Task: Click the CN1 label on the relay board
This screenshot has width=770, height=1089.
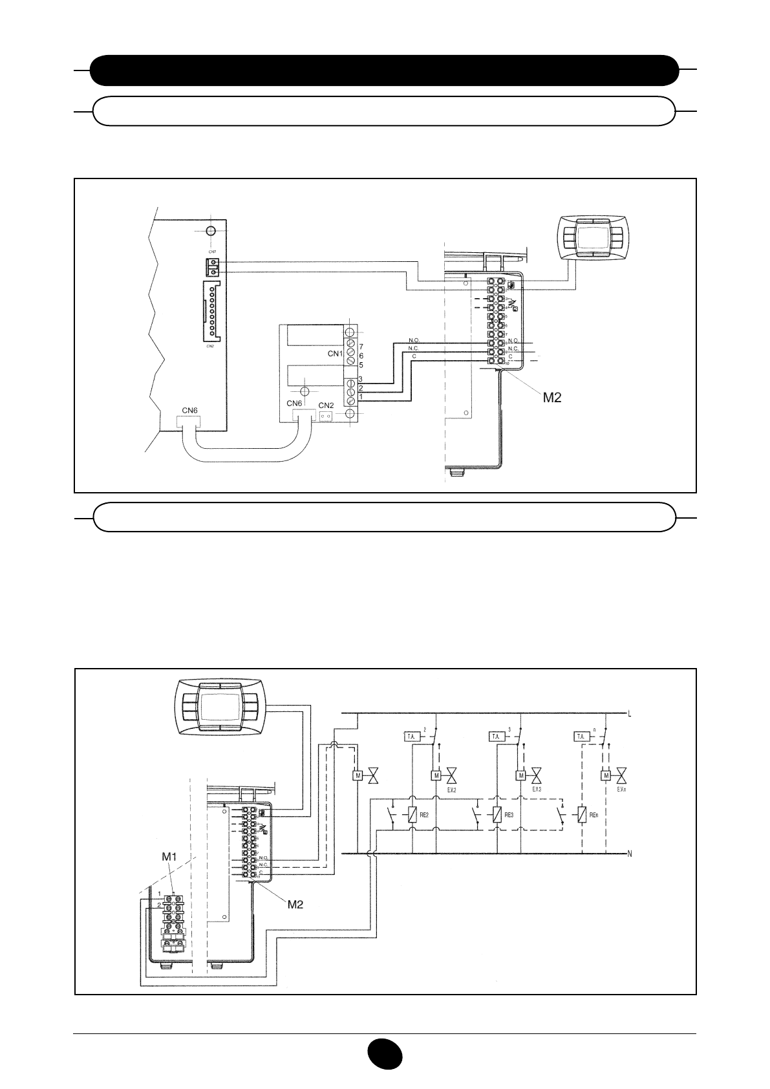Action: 334,354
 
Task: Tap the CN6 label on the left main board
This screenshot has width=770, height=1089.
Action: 189,410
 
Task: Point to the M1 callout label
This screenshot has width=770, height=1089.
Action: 169,857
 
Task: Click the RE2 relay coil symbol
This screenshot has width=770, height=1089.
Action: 412,815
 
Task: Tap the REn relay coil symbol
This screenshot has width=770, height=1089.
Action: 582,815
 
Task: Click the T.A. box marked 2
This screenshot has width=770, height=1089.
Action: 411,737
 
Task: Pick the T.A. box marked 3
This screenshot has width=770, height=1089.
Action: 496,737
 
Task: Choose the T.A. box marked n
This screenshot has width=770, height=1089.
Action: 582,737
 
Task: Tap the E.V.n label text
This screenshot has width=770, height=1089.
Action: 622,790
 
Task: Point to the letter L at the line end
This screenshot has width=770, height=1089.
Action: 629,713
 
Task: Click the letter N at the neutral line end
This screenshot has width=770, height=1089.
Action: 629,854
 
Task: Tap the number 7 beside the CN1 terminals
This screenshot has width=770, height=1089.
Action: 361,347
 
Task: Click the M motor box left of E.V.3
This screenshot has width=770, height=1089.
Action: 521,775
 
